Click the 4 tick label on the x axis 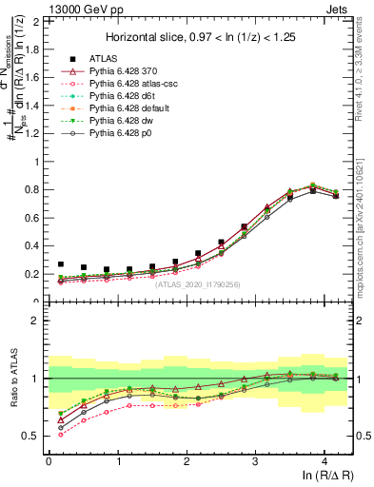click(x=324, y=461)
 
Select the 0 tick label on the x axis click(x=49, y=461)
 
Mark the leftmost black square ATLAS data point click(x=61, y=264)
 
